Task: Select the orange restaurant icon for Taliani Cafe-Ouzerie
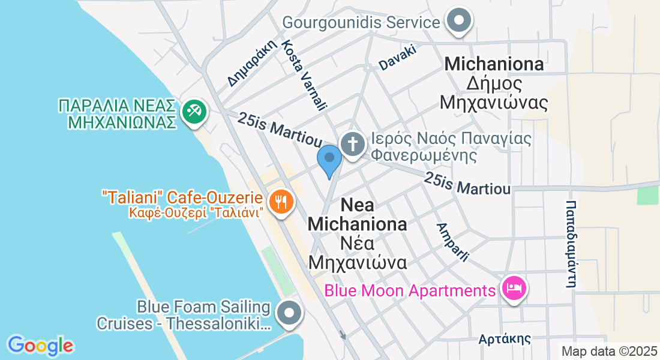[280, 200]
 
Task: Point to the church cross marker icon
[353, 145]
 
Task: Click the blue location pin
[329, 159]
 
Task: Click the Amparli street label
[452, 242]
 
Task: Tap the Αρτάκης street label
[505, 339]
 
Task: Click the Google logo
[40, 345]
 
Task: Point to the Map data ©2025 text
[608, 351]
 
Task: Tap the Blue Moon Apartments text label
[410, 291]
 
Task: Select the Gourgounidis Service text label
[361, 23]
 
